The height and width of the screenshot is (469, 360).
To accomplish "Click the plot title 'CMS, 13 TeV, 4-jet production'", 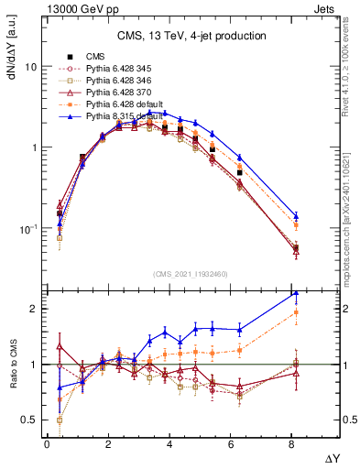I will pyautogui.click(x=191, y=37).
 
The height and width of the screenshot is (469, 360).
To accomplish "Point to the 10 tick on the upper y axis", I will pyautogui.click(x=31, y=67).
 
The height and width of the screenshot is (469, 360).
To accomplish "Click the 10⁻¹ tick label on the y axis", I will pyautogui.click(x=29, y=228).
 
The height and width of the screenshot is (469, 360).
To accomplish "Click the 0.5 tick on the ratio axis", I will pyautogui.click(x=29, y=420).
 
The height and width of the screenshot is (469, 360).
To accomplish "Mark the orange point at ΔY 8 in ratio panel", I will pyautogui.click(x=295, y=312).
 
